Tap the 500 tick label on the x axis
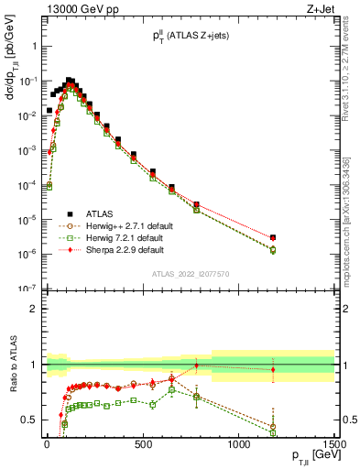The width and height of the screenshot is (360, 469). (142, 443)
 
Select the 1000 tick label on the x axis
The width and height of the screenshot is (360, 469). (238, 443)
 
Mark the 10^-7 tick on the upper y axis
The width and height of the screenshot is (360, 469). (25, 289)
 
